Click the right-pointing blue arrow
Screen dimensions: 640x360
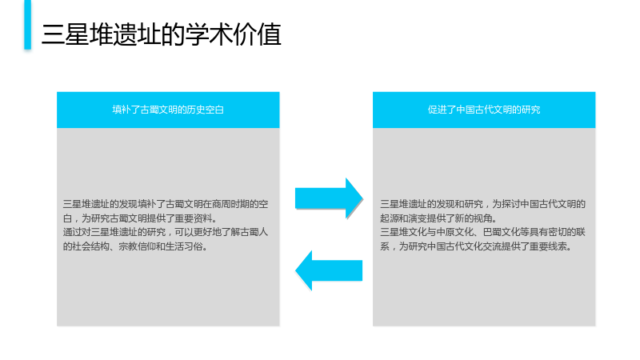click(329, 198)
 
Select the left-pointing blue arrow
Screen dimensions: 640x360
click(329, 270)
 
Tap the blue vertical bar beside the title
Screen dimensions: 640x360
click(27, 25)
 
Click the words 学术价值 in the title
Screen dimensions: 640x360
click(233, 34)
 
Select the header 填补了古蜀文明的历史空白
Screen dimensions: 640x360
click(168, 110)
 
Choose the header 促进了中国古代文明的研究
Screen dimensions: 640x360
click(484, 110)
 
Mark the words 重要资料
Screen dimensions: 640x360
click(193, 218)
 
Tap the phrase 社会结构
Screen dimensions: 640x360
click(90, 246)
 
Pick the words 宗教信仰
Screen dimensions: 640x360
click(137, 246)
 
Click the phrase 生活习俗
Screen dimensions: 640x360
click(184, 246)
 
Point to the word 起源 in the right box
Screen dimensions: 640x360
click(390, 218)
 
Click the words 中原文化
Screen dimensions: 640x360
click(454, 232)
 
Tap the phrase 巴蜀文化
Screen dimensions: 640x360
click(502, 232)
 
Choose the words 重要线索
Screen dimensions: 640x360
click(548, 246)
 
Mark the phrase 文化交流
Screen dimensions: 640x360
click(483, 246)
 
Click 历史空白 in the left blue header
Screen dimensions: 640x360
click(206, 110)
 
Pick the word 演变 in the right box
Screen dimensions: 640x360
click(418, 218)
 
